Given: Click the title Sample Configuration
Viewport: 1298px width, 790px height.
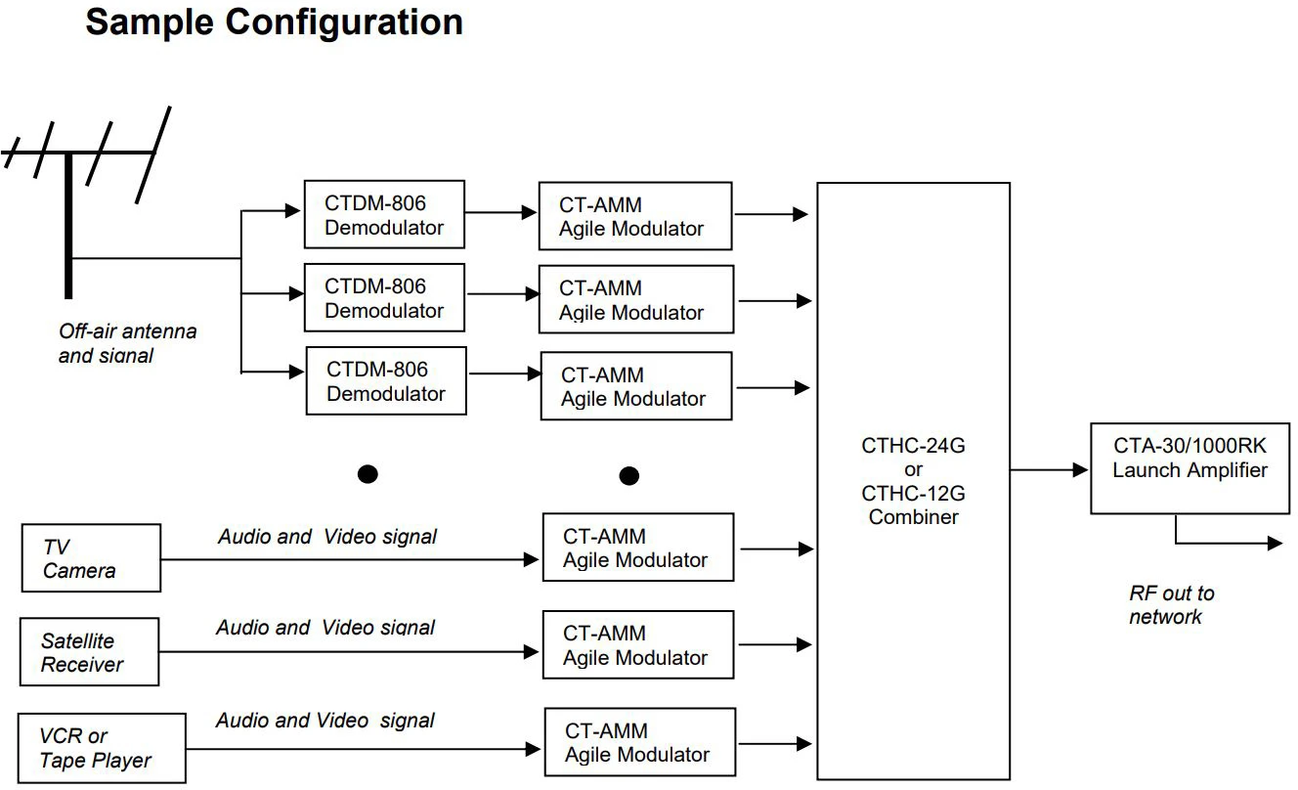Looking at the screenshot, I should (x=274, y=22).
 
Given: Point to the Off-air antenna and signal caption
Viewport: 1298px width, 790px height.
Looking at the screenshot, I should (x=127, y=343).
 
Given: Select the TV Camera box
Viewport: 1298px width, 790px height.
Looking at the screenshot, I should (x=91, y=558).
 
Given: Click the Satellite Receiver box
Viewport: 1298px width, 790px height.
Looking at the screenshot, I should (x=89, y=652).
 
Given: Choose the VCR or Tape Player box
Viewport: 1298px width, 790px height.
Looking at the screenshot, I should (x=102, y=749).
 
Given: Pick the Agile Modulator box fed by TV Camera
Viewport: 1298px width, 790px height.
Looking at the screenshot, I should (x=637, y=549).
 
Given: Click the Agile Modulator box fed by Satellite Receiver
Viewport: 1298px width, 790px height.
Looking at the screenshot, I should (x=637, y=645).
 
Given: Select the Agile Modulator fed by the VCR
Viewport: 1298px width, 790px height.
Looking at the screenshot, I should (x=638, y=743).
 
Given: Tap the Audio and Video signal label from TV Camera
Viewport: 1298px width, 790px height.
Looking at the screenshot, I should (x=327, y=537).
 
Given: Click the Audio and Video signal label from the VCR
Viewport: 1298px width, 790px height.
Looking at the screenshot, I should (x=325, y=721).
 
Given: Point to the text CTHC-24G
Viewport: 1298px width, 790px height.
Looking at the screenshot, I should (x=913, y=446).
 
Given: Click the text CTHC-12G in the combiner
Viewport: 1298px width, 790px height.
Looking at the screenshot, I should (x=913, y=494).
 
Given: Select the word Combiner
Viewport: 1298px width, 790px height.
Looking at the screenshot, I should (x=913, y=517).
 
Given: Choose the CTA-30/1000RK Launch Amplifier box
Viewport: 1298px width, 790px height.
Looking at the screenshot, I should (x=1190, y=468).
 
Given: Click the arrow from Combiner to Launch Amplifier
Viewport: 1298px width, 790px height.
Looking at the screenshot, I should (x=1050, y=470).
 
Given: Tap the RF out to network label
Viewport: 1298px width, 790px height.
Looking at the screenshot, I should (x=1171, y=605).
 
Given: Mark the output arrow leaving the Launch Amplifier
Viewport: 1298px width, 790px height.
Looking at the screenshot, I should (x=1232, y=542).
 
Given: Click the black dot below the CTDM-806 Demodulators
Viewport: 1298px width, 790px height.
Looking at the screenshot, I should (x=368, y=474).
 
